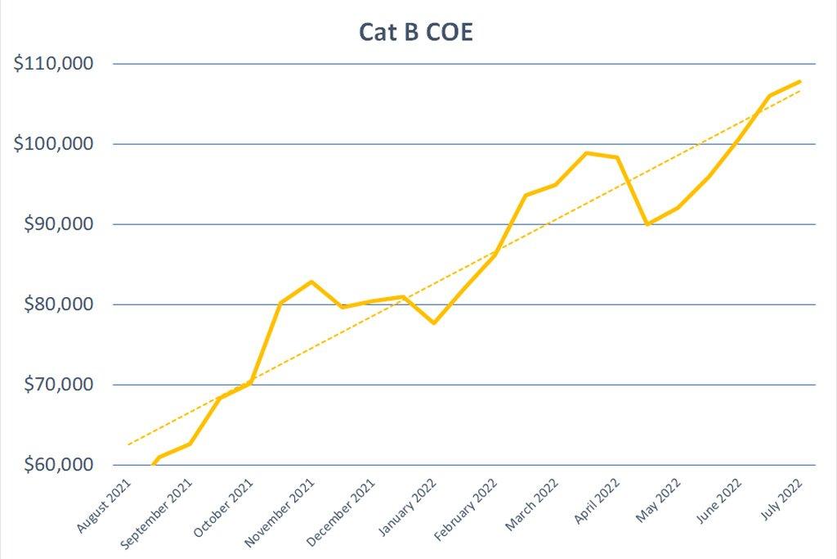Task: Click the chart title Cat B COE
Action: (416, 32)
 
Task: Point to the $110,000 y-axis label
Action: (54, 64)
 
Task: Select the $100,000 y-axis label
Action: (54, 144)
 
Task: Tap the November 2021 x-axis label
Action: (281, 512)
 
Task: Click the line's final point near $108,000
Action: (799, 81)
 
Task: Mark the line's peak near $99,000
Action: (587, 153)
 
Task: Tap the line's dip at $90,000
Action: (647, 223)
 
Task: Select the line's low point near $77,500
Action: (433, 322)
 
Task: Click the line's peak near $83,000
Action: (311, 282)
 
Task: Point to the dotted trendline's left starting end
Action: (128, 444)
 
